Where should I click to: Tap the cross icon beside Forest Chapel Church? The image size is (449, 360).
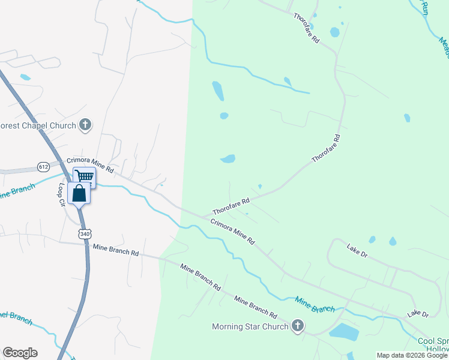click(x=85, y=125)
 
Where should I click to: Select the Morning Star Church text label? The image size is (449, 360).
click(x=250, y=326)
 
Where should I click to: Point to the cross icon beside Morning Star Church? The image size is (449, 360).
click(x=297, y=326)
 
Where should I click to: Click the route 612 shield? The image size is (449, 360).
click(x=43, y=166)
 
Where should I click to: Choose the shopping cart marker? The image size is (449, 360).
click(x=85, y=176)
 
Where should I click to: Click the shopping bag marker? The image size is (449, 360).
click(x=79, y=193)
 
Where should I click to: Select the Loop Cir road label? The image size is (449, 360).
click(x=61, y=195)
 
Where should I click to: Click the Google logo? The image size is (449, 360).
click(x=20, y=353)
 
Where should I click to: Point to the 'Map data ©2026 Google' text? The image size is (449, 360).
click(x=412, y=355)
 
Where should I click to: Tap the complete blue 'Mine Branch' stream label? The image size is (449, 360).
click(x=315, y=304)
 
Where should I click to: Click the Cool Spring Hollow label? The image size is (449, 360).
click(x=433, y=345)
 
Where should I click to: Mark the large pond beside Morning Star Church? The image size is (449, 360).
click(x=343, y=331)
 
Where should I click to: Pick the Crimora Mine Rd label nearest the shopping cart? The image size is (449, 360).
click(x=90, y=165)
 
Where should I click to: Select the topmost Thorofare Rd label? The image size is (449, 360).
click(x=307, y=26)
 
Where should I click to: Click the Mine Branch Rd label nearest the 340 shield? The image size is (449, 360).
click(x=115, y=250)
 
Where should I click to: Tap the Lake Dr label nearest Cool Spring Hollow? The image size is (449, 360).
click(x=418, y=314)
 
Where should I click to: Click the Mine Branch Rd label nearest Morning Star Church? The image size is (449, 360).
click(x=255, y=307)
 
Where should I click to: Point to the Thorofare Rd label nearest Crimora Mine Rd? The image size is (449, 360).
click(x=231, y=208)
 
